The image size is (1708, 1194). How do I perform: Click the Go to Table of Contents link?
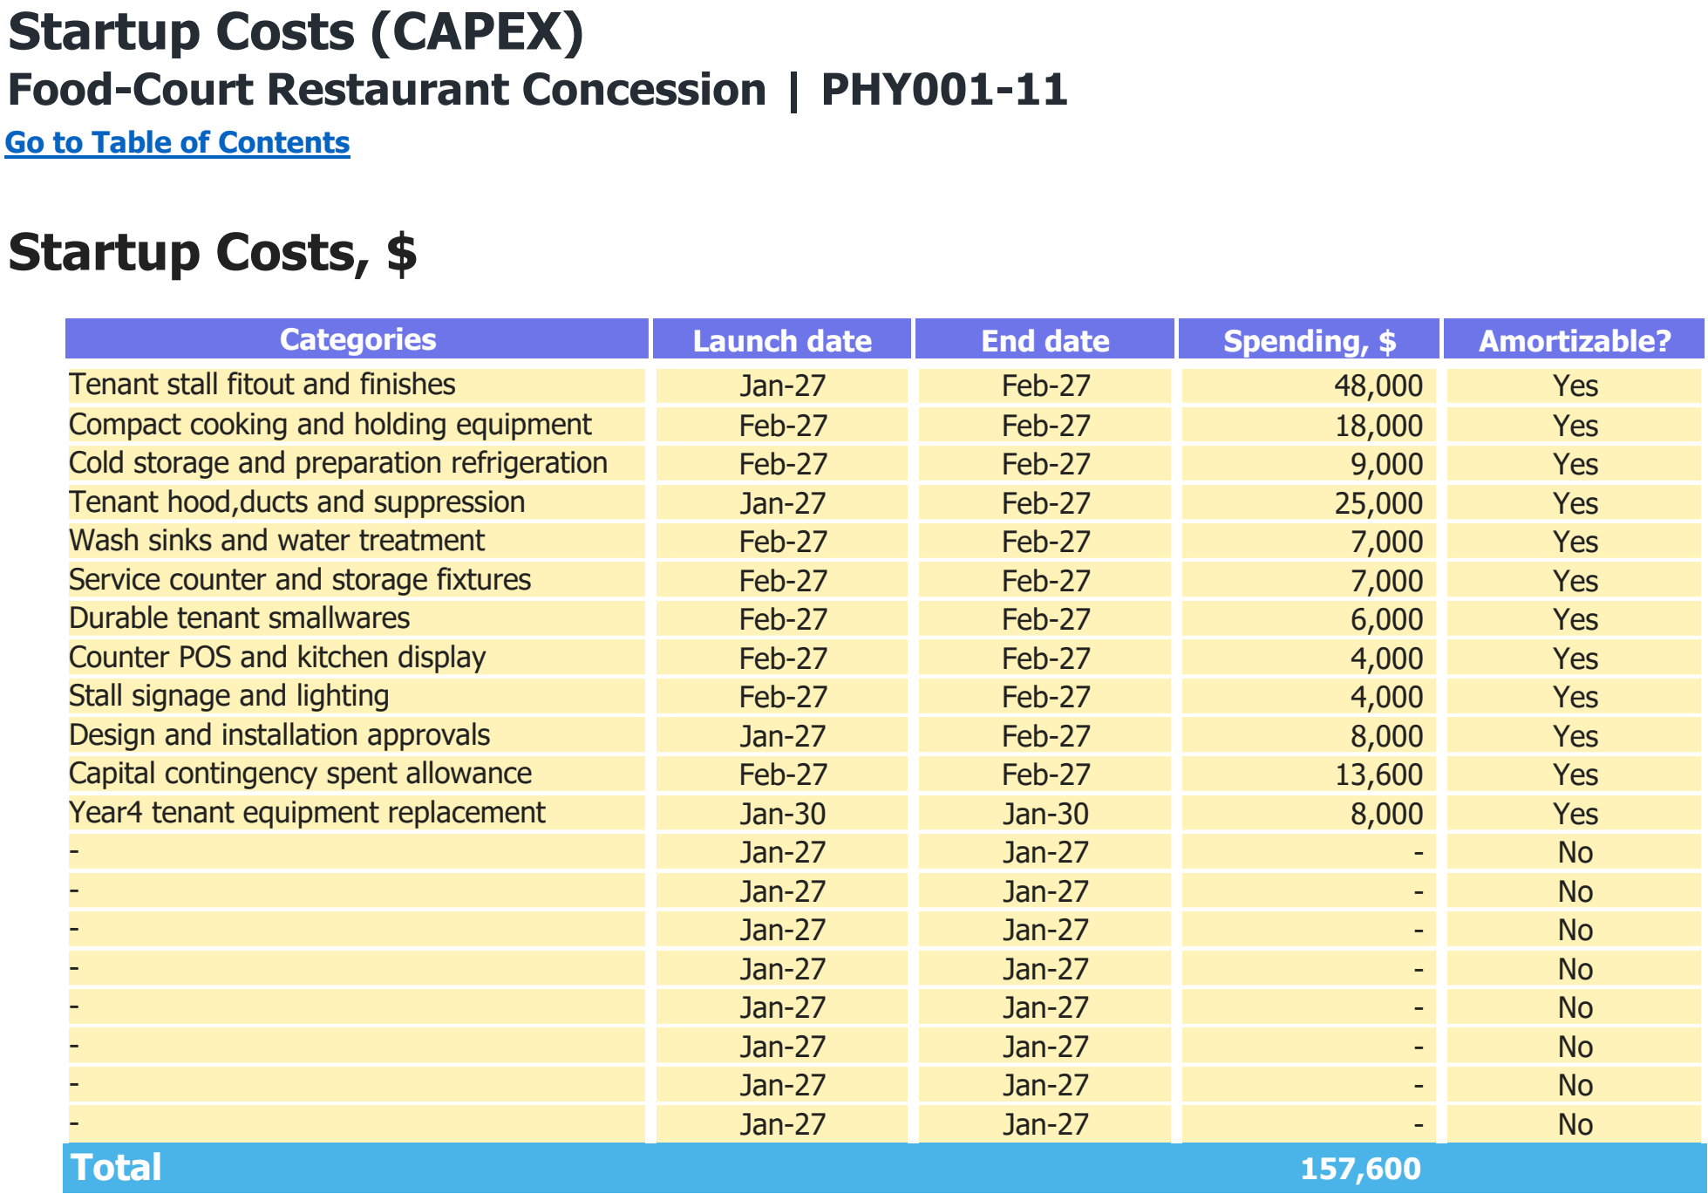(178, 142)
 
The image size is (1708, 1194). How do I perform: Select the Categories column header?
(357, 339)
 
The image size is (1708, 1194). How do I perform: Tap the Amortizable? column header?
(1575, 340)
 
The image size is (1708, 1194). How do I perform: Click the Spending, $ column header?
(1309, 341)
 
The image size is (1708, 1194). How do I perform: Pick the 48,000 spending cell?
(1378, 385)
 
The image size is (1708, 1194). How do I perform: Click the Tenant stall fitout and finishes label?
(262, 385)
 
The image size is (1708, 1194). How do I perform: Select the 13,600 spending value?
(1379, 774)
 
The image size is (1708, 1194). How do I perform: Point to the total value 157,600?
(1361, 1169)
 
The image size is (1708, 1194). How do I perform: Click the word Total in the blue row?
(116, 1168)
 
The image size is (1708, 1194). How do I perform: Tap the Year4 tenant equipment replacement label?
(307, 813)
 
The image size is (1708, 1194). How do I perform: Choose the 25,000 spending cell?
(1378, 503)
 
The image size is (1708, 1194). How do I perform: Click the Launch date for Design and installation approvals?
(782, 736)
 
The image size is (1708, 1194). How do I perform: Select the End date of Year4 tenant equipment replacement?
(1045, 814)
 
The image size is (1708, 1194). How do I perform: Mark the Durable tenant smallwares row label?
(240, 618)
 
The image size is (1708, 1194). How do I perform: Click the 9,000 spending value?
(1387, 464)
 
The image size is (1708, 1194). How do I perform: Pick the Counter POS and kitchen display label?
(277, 658)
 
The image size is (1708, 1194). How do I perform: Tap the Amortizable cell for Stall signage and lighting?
(1575, 697)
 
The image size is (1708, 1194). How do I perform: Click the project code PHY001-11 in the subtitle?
(944, 90)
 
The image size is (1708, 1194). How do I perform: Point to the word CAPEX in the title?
(478, 32)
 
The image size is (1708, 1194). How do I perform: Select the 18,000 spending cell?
(1378, 426)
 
